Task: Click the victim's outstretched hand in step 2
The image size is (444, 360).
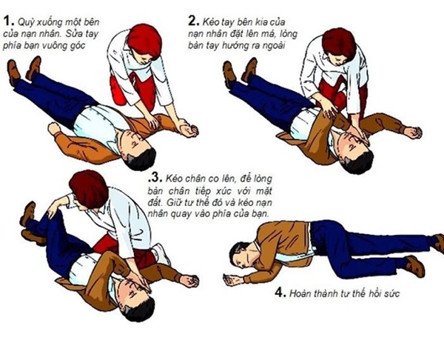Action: tap(411, 132)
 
